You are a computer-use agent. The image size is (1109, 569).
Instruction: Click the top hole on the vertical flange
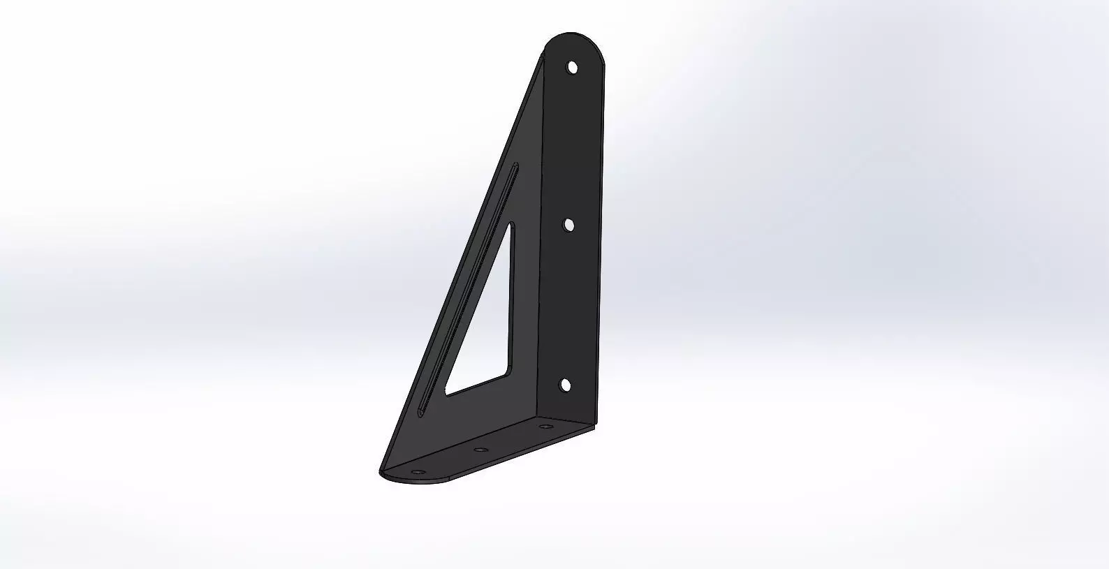coord(573,68)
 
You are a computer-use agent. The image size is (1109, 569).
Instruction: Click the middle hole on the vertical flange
coord(569,225)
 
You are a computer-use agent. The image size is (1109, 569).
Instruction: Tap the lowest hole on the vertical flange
coord(566,385)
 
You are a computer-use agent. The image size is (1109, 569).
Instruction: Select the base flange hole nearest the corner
coord(544,426)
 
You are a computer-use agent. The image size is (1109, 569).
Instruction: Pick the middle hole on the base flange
coord(480,450)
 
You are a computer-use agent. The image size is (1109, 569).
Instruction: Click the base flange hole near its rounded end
coord(418,473)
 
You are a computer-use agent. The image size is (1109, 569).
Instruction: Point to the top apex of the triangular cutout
coord(511,226)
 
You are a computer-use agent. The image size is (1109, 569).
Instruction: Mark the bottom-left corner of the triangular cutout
coord(448,393)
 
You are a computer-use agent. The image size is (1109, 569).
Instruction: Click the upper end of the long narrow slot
coord(515,166)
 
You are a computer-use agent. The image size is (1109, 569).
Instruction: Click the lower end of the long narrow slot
coord(420,413)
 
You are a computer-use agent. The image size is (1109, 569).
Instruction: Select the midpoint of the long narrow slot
coord(468,290)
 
